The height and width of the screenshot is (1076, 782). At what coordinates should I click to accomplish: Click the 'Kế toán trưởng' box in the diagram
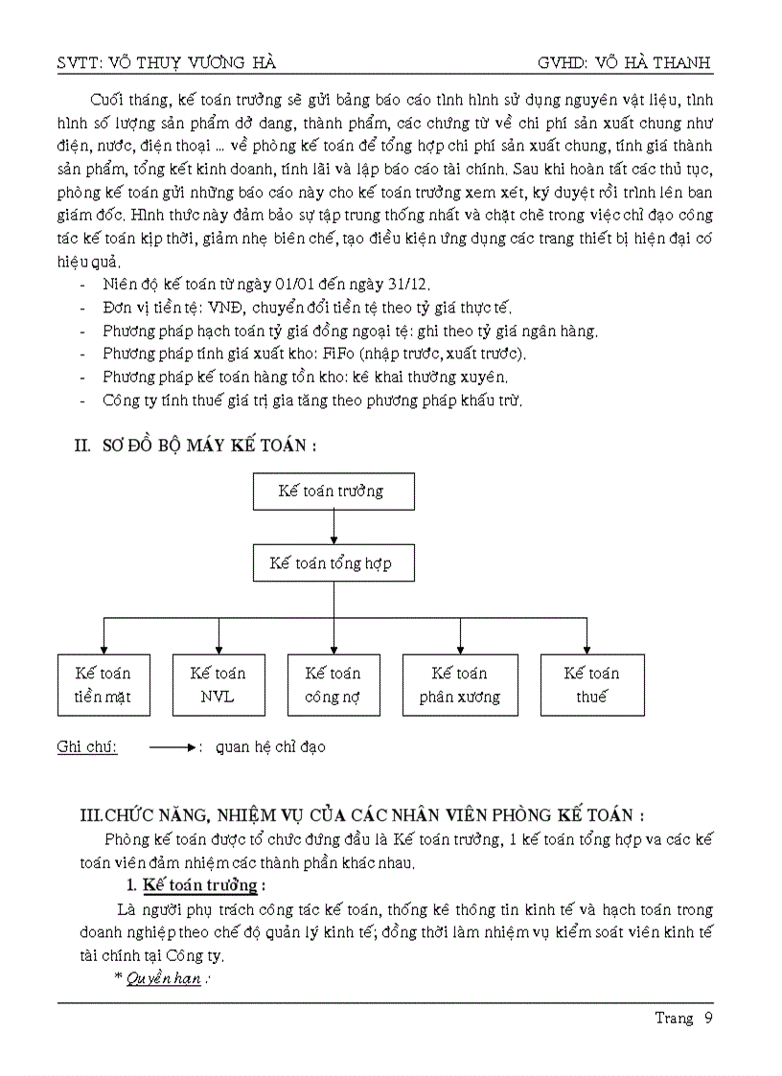click(x=332, y=491)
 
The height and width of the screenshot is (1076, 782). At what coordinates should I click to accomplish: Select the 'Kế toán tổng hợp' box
click(x=332, y=563)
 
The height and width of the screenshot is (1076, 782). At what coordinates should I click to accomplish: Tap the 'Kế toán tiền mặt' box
click(x=103, y=685)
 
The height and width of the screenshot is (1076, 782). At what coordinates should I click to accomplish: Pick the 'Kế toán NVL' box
click(x=218, y=685)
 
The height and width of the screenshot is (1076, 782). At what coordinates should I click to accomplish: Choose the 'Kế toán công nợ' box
click(x=333, y=685)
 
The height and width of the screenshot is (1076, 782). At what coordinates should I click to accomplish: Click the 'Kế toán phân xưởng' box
click(x=460, y=685)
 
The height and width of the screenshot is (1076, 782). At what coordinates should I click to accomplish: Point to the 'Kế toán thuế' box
click(x=591, y=685)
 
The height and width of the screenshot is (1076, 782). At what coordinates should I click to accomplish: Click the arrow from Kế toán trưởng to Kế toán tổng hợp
click(x=333, y=527)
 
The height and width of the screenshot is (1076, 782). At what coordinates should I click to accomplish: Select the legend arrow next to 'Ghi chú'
click(x=172, y=747)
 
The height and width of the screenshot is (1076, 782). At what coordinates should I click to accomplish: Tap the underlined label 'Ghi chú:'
click(x=87, y=747)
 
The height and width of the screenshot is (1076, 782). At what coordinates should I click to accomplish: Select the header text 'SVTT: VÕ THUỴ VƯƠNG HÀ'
click(x=168, y=63)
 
